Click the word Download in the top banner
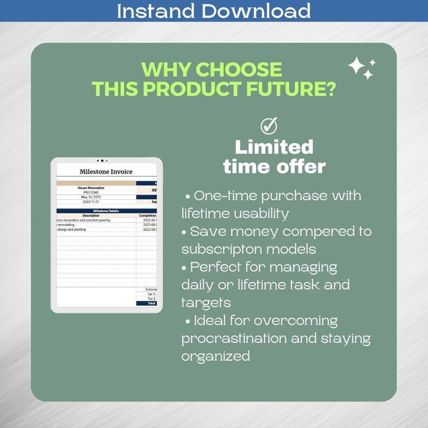257,11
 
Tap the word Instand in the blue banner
156,11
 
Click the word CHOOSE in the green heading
238,70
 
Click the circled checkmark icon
268,126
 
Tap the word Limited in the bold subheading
274,147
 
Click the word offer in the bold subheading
299,167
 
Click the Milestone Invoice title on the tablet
106,172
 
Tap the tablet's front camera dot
102,161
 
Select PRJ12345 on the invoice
91,192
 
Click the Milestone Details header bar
106,211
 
